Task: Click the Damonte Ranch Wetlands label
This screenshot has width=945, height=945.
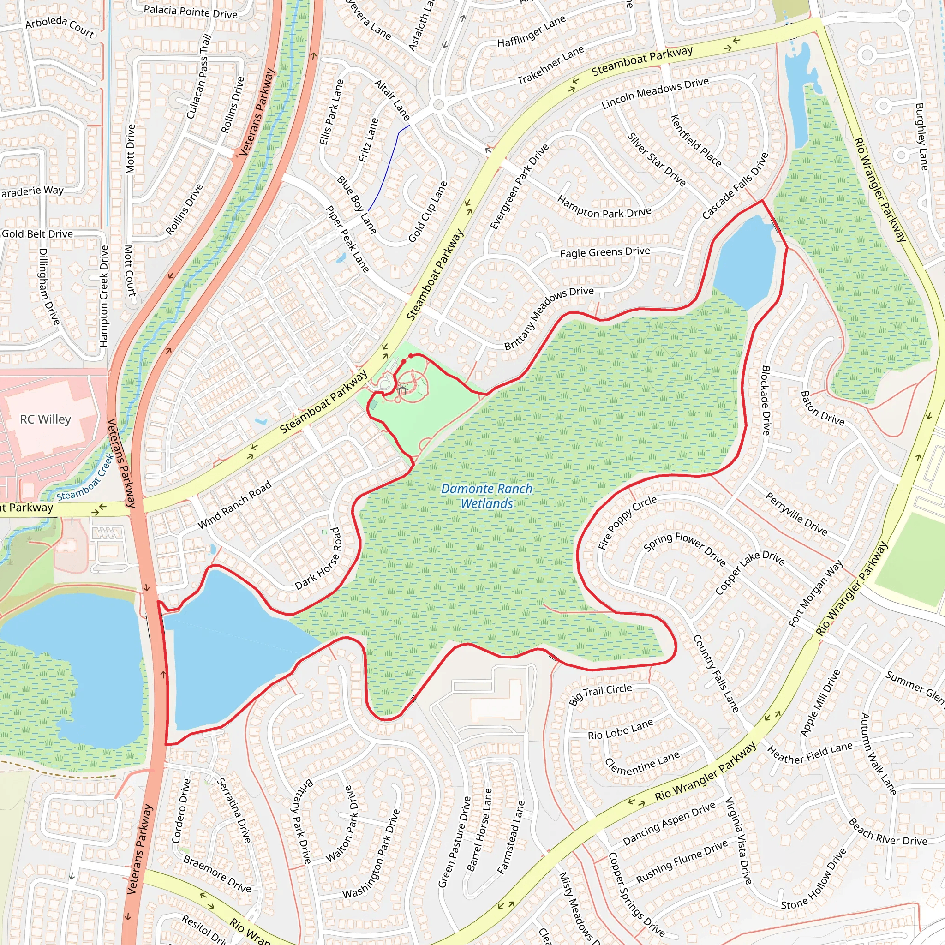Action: click(486, 496)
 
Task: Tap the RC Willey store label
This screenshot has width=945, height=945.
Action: click(46, 419)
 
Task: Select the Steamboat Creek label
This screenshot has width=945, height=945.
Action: click(84, 478)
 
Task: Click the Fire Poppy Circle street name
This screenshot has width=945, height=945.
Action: click(628, 522)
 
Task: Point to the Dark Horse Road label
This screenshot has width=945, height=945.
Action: click(318, 558)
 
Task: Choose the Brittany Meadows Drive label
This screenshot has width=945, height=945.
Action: click(549, 318)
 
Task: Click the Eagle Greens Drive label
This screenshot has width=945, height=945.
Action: click(604, 252)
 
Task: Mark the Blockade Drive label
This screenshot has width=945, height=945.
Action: click(766, 400)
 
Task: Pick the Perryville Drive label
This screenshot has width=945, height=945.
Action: click(796, 514)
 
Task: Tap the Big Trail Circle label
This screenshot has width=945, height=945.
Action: click(600, 694)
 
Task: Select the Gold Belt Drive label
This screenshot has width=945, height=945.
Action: click(37, 234)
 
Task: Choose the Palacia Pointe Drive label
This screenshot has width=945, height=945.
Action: click(190, 11)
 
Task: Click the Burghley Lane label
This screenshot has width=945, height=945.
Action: click(921, 137)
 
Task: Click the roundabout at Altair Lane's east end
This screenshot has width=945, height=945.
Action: click(439, 104)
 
